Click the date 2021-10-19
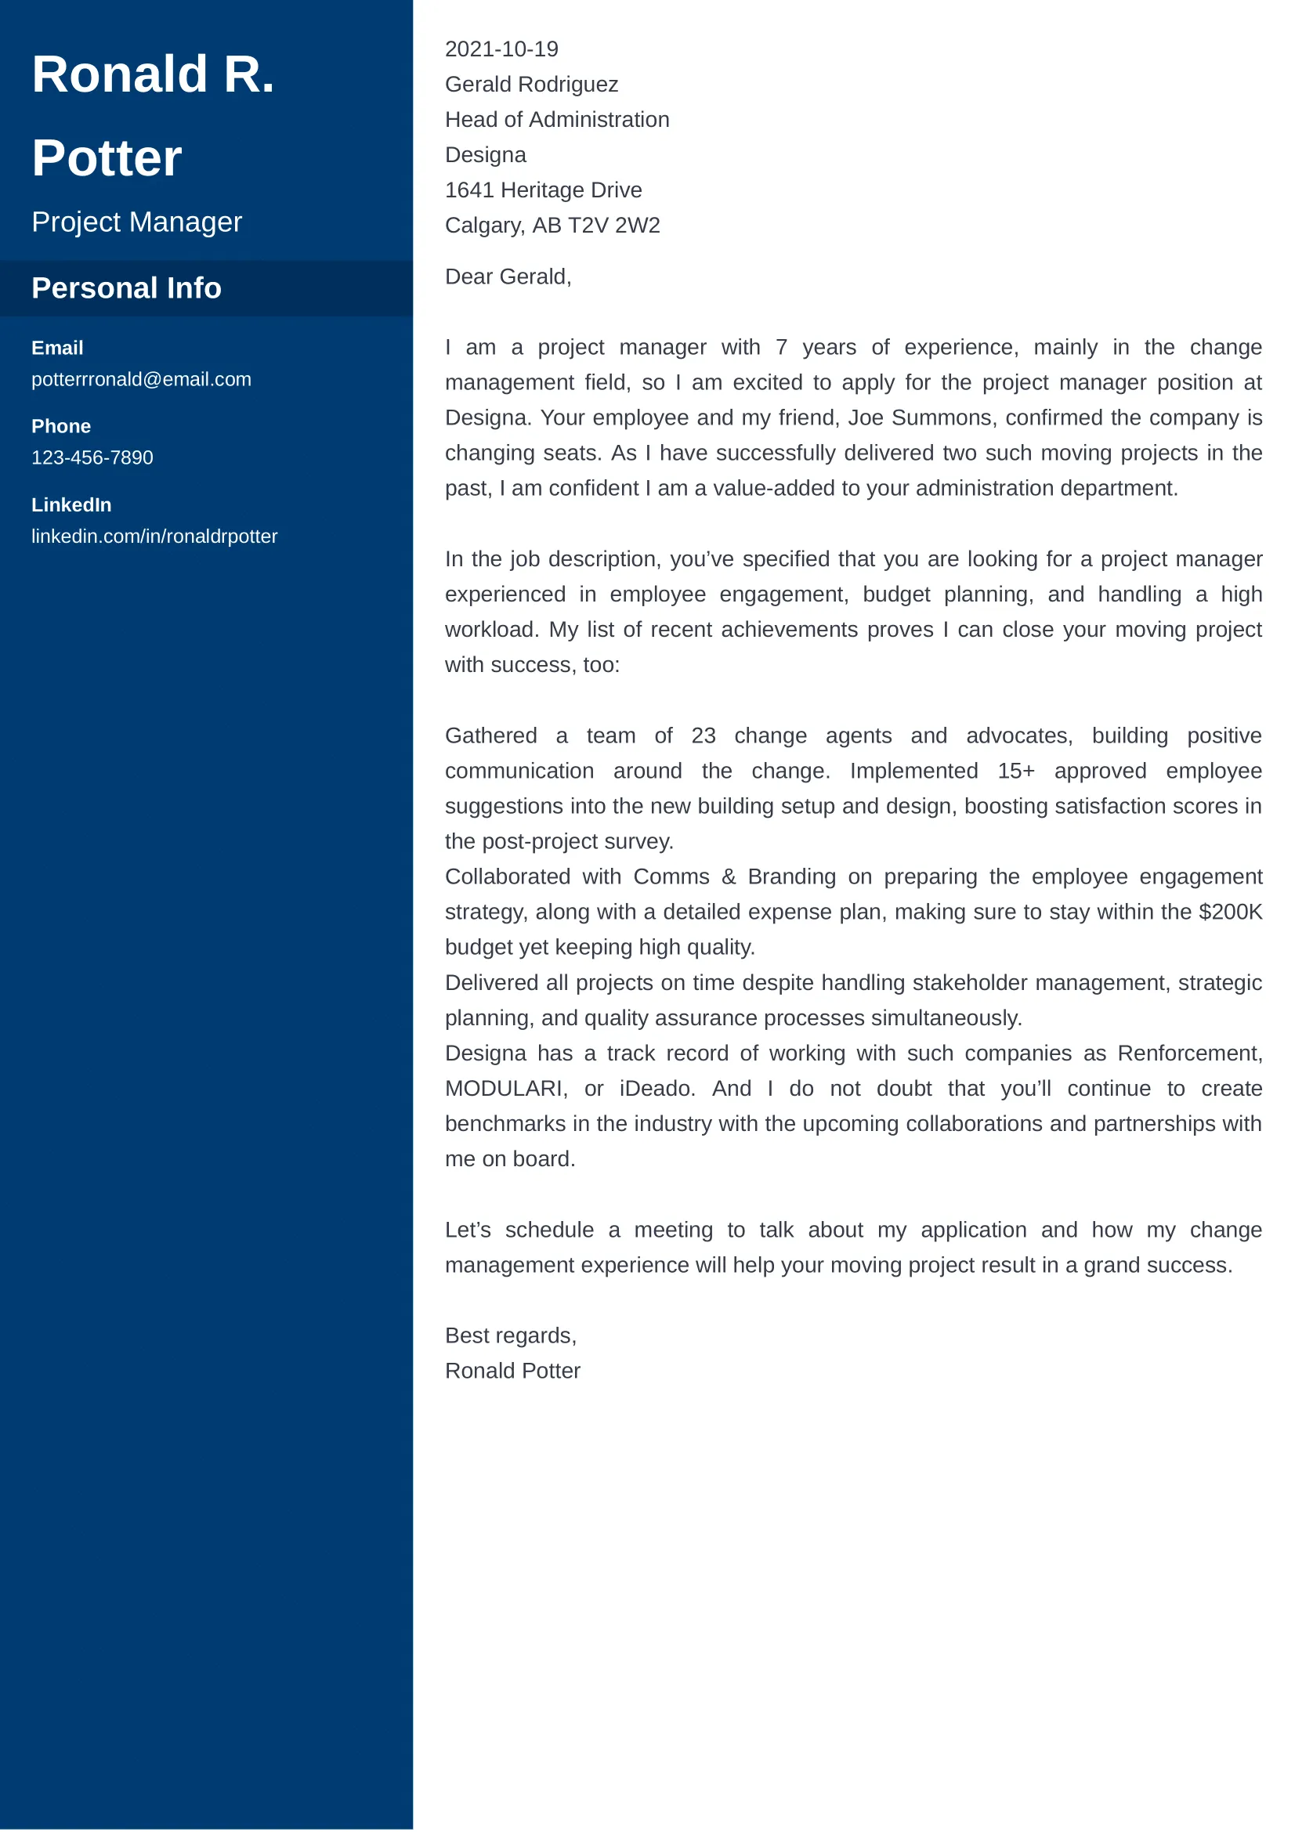tap(501, 49)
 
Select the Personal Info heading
tap(126, 288)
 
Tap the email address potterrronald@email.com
tap(141, 379)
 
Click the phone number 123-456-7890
tap(92, 457)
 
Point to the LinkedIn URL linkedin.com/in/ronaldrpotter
tap(154, 537)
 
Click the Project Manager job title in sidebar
tap(136, 222)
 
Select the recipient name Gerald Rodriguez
tap(531, 85)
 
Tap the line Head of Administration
tap(557, 120)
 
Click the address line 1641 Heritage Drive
tap(544, 190)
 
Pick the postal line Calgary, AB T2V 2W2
tap(552, 226)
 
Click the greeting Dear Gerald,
tap(508, 276)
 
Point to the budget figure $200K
tap(1231, 912)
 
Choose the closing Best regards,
tap(511, 1335)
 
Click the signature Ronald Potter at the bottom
tap(512, 1371)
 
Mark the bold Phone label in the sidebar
tap(60, 426)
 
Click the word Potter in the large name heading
tap(107, 158)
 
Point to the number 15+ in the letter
tap(1016, 771)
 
